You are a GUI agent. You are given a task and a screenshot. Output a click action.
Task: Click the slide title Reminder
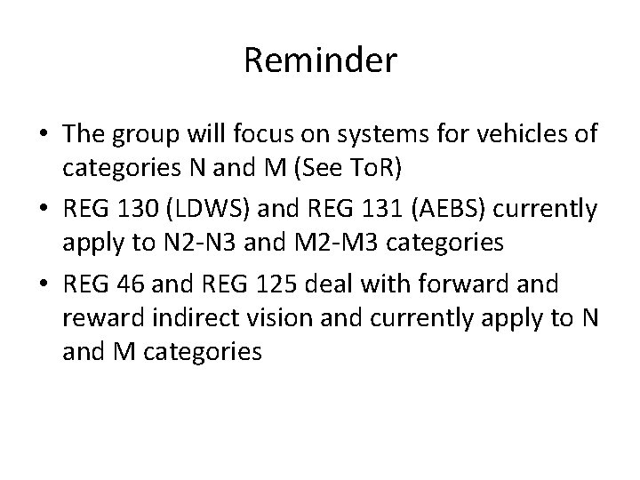[320, 61]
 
